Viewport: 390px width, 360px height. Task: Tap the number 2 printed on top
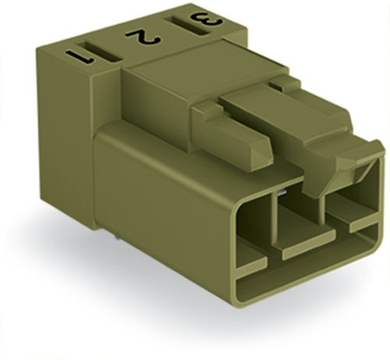(143, 36)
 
